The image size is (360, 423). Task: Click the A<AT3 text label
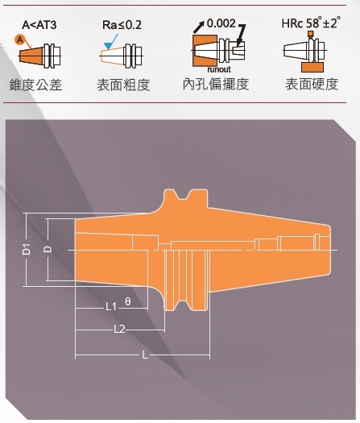pyautogui.click(x=39, y=25)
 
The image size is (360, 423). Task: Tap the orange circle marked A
pyautogui.click(x=19, y=40)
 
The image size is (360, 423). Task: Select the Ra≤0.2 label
pyautogui.click(x=122, y=25)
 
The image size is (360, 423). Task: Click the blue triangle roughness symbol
pyautogui.click(x=109, y=46)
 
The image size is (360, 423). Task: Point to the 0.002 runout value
pyautogui.click(x=221, y=23)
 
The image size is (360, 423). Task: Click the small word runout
pyautogui.click(x=219, y=69)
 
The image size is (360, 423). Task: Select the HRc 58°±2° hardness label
pyautogui.click(x=311, y=23)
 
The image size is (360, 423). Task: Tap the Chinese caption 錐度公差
pyautogui.click(x=36, y=85)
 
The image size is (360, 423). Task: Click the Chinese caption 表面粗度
pyautogui.click(x=123, y=85)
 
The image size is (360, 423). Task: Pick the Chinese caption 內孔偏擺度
pyautogui.click(x=216, y=84)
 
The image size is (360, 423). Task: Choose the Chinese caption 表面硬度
pyautogui.click(x=312, y=84)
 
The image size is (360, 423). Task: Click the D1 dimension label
pyautogui.click(x=27, y=249)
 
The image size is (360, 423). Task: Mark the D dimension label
pyautogui.click(x=48, y=249)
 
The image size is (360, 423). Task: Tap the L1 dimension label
pyautogui.click(x=111, y=306)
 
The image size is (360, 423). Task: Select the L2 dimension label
pyautogui.click(x=119, y=329)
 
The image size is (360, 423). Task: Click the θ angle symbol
pyautogui.click(x=128, y=301)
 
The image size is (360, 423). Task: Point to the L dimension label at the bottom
pyautogui.click(x=145, y=355)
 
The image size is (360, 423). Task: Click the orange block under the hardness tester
pyautogui.click(x=312, y=67)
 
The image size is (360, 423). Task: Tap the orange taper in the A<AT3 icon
pyautogui.click(x=31, y=56)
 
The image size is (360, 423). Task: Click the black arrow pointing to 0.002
pyautogui.click(x=198, y=27)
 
